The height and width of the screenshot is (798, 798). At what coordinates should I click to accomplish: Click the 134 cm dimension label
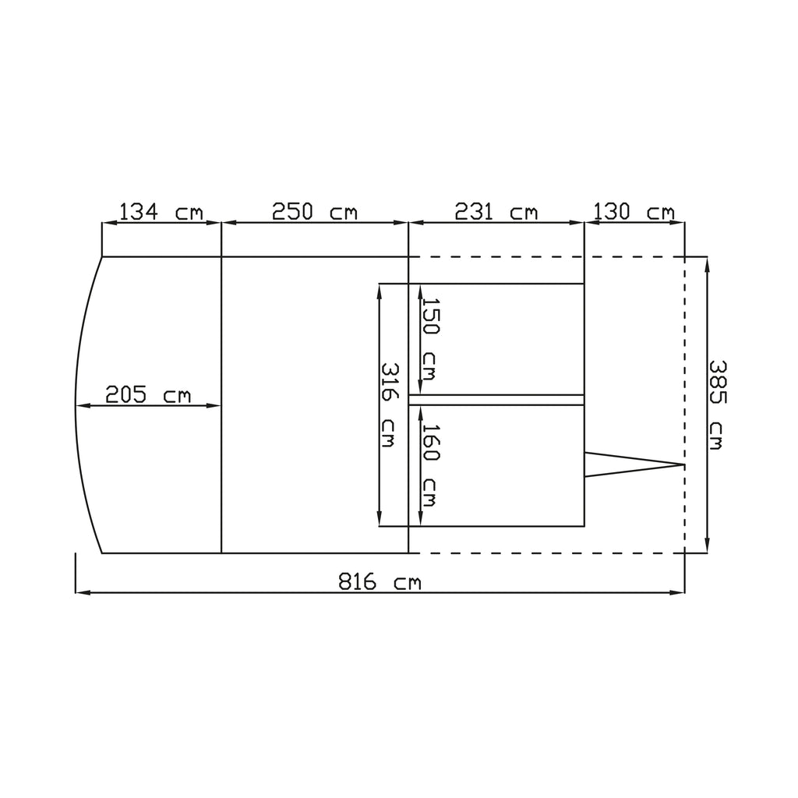click(161, 212)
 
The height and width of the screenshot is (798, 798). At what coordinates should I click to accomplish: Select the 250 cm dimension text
click(315, 212)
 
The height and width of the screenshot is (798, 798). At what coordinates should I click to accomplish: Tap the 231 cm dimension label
click(496, 212)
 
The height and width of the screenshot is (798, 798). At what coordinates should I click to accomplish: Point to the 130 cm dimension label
click(634, 212)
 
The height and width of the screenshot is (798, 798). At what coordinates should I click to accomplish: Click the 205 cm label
click(147, 395)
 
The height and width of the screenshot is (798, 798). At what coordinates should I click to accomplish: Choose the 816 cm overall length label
click(380, 581)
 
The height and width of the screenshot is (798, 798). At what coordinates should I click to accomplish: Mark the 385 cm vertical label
click(717, 405)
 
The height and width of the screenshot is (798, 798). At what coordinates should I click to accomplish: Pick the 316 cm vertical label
click(390, 405)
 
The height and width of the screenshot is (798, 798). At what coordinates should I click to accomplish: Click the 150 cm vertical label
click(430, 339)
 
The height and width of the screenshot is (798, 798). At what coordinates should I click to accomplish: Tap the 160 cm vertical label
click(430, 466)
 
